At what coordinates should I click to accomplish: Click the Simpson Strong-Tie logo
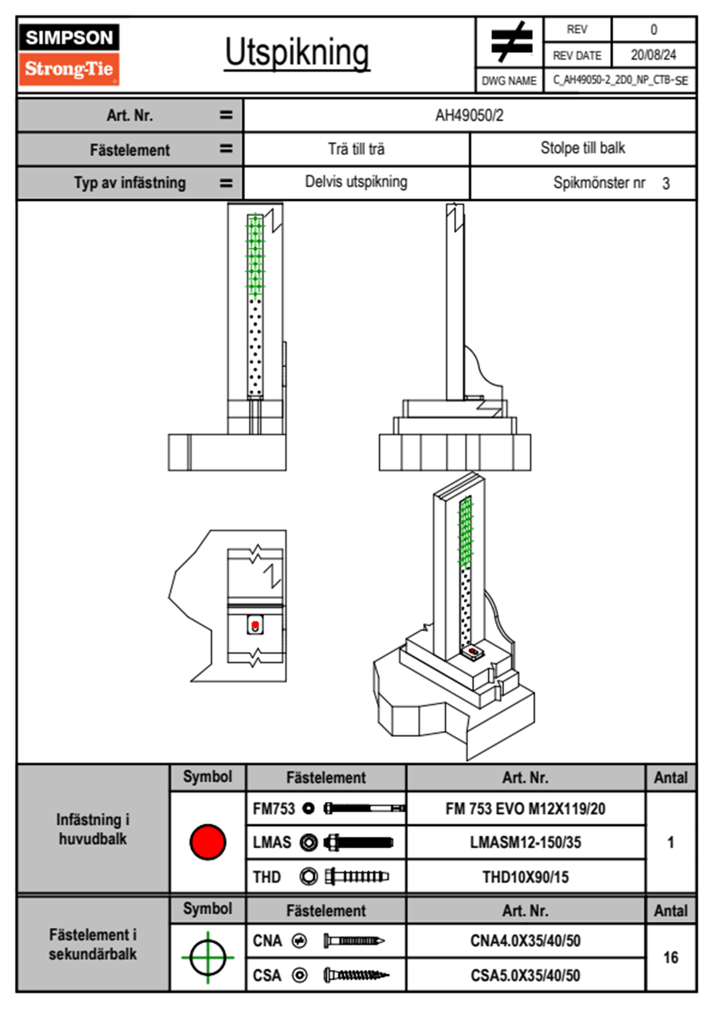(x=69, y=54)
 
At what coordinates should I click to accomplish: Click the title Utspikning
(x=297, y=53)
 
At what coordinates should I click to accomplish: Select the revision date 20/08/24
(x=653, y=55)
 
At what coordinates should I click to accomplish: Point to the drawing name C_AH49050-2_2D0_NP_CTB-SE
(x=620, y=80)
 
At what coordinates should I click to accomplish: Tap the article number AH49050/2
(x=469, y=115)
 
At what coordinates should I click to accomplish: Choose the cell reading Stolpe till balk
(x=583, y=148)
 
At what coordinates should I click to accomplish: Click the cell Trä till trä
(x=356, y=149)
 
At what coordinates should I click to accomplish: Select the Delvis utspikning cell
(x=356, y=182)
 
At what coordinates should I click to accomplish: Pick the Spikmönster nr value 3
(x=666, y=184)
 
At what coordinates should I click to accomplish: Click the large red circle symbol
(x=208, y=842)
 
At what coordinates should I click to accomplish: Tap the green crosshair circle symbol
(x=208, y=957)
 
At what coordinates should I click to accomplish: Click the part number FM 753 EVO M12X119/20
(x=525, y=809)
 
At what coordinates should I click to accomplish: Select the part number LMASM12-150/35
(x=525, y=842)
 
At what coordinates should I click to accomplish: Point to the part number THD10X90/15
(x=525, y=877)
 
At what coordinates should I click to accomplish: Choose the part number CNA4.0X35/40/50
(x=525, y=941)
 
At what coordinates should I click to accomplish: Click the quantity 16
(x=670, y=957)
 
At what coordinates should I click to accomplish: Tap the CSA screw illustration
(x=356, y=975)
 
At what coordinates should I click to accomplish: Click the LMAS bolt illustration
(x=358, y=842)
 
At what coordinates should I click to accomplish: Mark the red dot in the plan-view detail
(x=256, y=625)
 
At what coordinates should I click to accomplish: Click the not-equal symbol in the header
(x=511, y=42)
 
